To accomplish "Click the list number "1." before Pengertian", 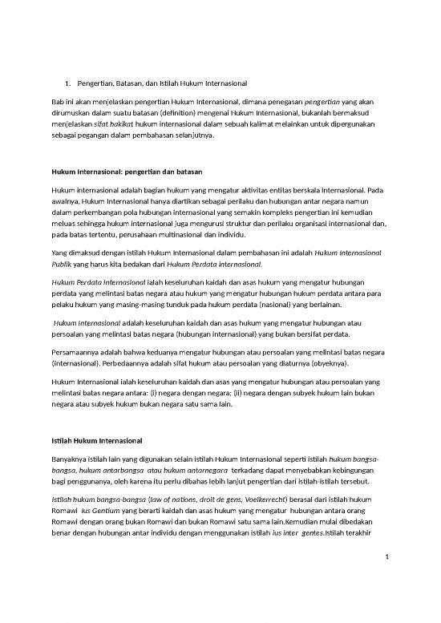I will click(68, 83).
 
